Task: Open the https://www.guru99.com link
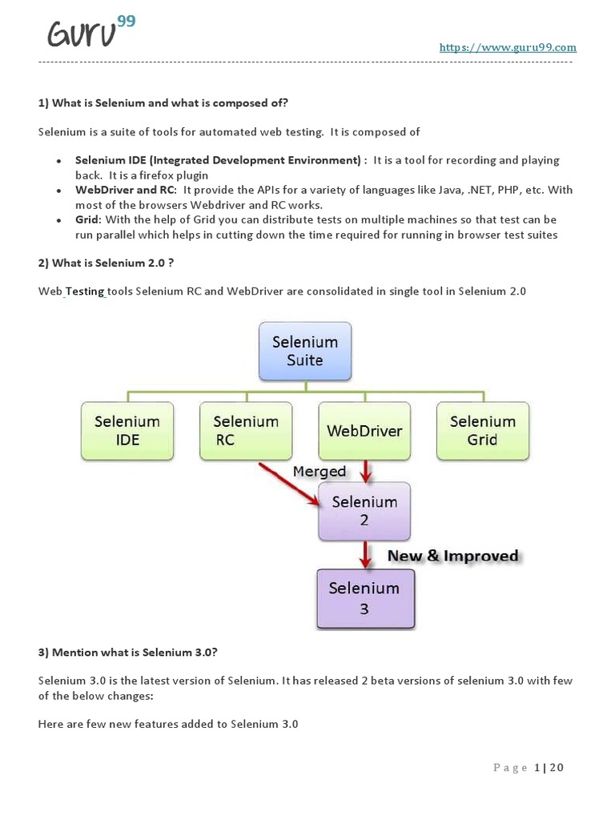point(508,47)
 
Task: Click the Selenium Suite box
point(305,351)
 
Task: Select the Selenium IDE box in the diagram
point(127,431)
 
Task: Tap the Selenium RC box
point(246,431)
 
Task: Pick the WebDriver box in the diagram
point(364,431)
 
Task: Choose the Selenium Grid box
point(482,431)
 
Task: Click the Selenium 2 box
point(364,511)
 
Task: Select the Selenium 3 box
point(364,597)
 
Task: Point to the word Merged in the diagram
point(319,472)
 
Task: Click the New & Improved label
point(453,556)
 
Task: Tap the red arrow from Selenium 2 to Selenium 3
point(365,554)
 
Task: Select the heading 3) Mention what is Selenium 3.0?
point(127,652)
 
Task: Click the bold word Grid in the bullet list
point(87,219)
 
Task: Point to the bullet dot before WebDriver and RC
point(58,191)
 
